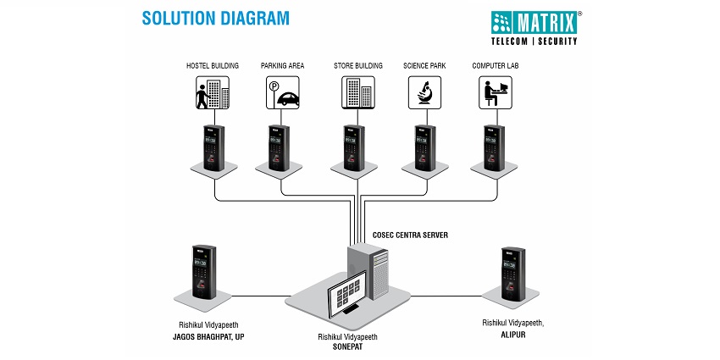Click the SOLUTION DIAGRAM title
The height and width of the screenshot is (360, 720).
coord(215,18)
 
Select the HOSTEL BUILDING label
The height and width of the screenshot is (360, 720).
coord(212,65)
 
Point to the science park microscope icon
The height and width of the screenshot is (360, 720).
coord(424,91)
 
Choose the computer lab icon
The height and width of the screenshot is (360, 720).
coord(495,91)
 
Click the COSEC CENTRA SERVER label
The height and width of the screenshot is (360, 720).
coord(410,233)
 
